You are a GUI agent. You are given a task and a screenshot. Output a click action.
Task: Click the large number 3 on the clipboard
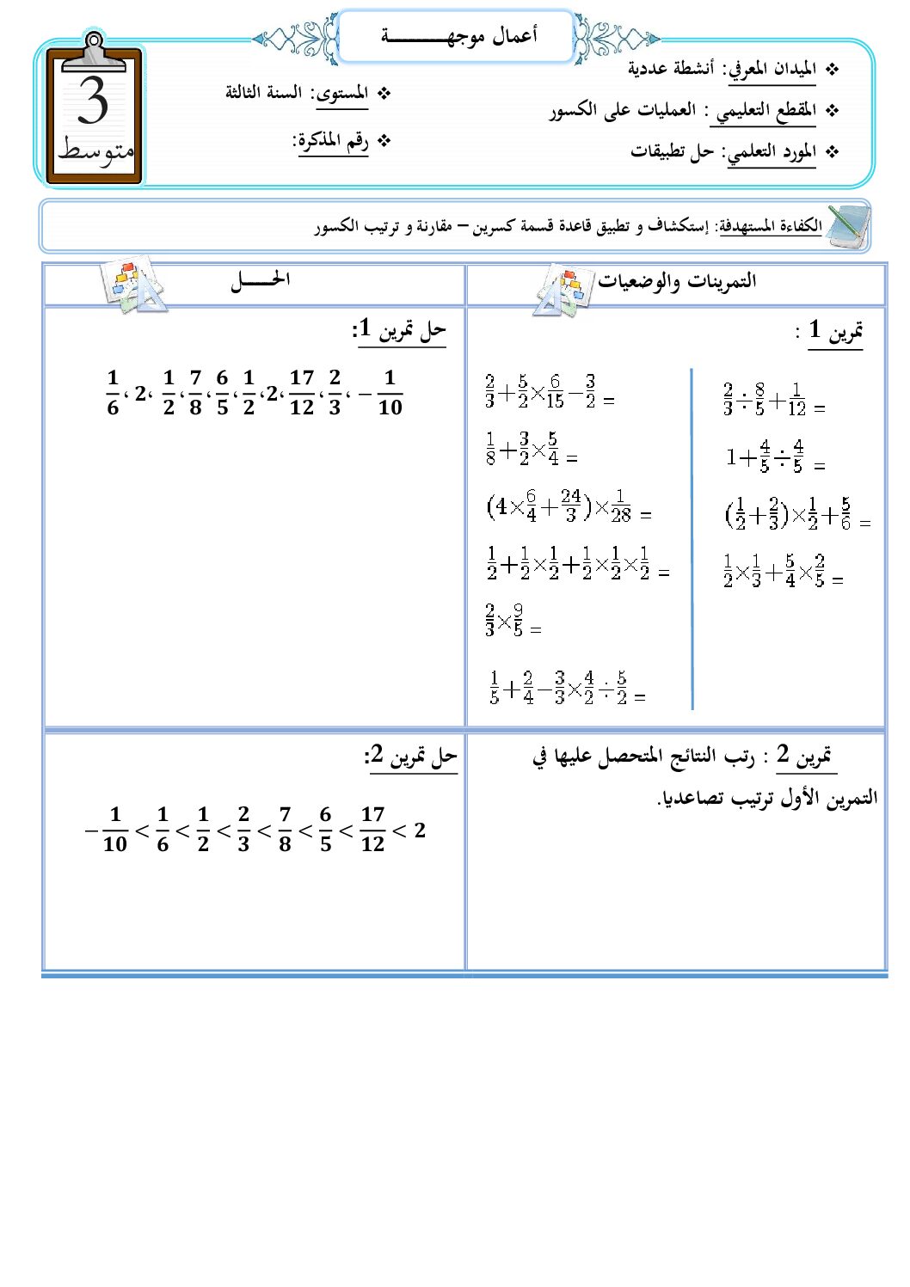pyautogui.click(x=93, y=101)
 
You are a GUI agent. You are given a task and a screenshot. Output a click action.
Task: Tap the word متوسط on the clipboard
pyautogui.click(x=95, y=150)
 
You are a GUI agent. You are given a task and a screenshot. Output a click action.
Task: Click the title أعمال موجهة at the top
pyautogui.click(x=458, y=36)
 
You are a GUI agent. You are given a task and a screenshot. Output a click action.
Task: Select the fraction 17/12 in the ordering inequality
pyautogui.click(x=372, y=829)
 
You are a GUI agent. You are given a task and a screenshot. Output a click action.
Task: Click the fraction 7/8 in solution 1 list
pyautogui.click(x=195, y=392)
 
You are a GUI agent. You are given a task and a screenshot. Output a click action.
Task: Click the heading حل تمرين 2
pyautogui.click(x=411, y=757)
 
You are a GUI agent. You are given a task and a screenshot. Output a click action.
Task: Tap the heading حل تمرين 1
pyautogui.click(x=399, y=329)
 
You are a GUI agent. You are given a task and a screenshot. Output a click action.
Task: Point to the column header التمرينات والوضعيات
pyautogui.click(x=677, y=280)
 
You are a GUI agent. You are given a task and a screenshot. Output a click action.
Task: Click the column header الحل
pyautogui.click(x=259, y=280)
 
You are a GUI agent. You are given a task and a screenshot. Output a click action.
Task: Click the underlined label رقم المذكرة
pyautogui.click(x=332, y=140)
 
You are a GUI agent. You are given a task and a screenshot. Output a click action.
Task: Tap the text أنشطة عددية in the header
pyautogui.click(x=670, y=69)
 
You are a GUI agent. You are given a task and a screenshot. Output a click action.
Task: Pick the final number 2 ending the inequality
pyautogui.click(x=420, y=830)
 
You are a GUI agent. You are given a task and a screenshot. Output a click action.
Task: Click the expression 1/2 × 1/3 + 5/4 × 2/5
pyautogui.click(x=775, y=570)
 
